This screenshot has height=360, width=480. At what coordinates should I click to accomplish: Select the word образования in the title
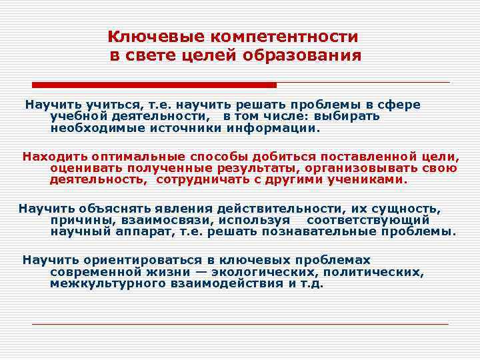305,56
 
